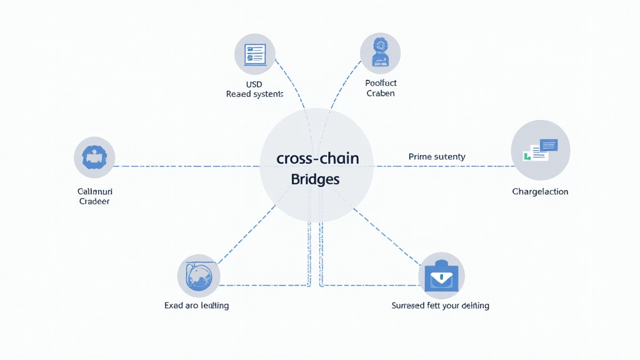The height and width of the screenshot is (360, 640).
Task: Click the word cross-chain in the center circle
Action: tap(317, 158)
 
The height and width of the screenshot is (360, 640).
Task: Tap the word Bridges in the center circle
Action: tap(316, 179)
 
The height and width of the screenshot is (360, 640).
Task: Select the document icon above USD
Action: tap(255, 54)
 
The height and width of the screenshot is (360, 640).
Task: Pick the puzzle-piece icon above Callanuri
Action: tap(94, 157)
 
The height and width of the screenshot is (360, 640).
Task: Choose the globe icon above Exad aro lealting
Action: tap(199, 275)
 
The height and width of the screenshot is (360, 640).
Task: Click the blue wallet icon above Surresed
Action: tap(441, 276)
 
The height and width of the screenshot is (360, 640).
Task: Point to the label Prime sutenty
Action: tap(437, 157)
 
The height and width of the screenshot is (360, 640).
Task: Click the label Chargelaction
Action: tap(540, 192)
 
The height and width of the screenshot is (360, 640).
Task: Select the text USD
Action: tap(254, 84)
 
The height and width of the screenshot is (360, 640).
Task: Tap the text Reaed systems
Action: tap(254, 94)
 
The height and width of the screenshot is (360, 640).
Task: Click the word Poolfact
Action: tap(381, 83)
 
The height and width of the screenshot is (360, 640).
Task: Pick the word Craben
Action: tap(381, 94)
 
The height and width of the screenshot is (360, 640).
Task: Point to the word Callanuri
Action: tap(94, 191)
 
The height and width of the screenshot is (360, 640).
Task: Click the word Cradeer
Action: tap(94, 202)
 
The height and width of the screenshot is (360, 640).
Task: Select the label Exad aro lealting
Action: tap(196, 306)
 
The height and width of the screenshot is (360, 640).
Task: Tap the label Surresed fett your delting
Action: tap(440, 306)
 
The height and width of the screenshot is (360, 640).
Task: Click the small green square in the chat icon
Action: tap(527, 156)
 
